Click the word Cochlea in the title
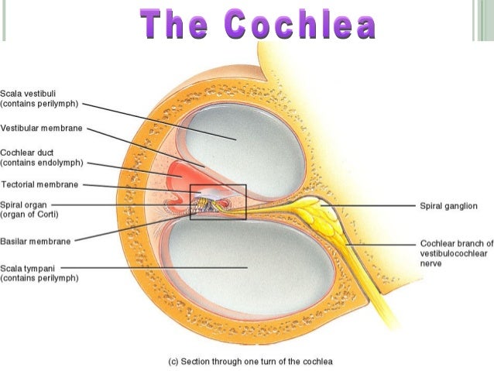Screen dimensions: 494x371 [x=300, y=25]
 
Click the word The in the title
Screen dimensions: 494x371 [x=173, y=25]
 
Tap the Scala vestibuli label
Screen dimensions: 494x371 [x=39, y=98]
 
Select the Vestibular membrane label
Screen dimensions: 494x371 [x=41, y=129]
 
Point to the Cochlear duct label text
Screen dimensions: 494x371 [x=42, y=157]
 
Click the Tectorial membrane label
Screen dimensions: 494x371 [x=39, y=184]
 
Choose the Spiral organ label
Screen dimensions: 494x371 [x=29, y=210]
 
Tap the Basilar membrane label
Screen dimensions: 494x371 [x=36, y=242]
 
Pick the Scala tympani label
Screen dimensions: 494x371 [x=39, y=273]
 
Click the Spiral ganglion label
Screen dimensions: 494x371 [x=448, y=206]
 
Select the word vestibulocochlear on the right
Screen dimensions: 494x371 [x=454, y=253]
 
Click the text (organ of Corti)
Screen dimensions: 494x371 [x=29, y=215]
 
